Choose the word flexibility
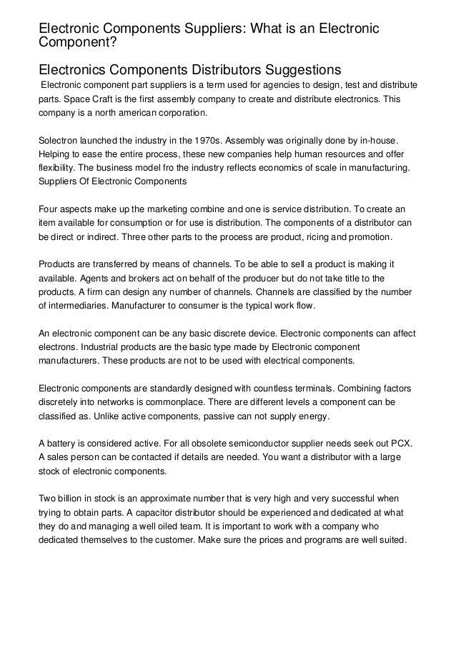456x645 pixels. point(60,169)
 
